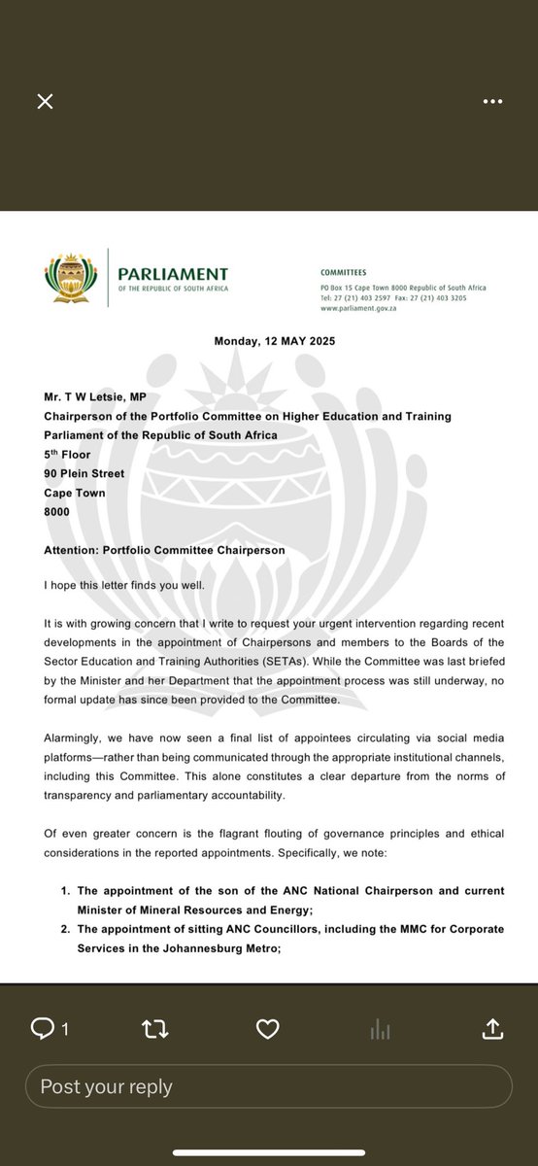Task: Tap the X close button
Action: [45, 101]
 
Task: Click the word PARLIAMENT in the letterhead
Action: [174, 274]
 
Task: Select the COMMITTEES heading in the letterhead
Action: [344, 274]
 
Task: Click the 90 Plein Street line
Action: [84, 473]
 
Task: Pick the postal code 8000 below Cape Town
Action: [58, 511]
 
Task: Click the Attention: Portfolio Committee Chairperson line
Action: [164, 549]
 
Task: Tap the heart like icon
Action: [267, 1029]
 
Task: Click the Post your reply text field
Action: [269, 1086]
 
